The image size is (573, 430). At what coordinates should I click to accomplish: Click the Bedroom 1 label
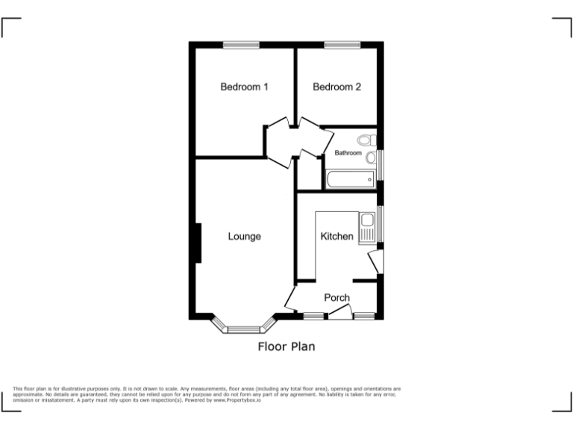coord(244,87)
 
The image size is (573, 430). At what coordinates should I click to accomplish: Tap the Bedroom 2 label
coord(336,87)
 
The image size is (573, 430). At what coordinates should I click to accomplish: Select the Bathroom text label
coord(348,153)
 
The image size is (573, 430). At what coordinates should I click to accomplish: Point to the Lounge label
coord(244,237)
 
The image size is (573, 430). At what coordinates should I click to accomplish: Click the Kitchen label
coord(336,237)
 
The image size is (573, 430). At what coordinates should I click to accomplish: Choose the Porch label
coord(336,298)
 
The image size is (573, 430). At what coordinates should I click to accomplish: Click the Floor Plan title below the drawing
coord(286,346)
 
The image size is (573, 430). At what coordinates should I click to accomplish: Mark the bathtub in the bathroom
coord(350,180)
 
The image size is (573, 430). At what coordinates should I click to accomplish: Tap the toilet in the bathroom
coord(365,140)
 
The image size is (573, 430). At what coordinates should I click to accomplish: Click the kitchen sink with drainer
coord(366,228)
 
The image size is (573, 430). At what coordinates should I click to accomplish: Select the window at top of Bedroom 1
coord(241,46)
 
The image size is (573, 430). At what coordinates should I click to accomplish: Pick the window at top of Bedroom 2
coord(342,46)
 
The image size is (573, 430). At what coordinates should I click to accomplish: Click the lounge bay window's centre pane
coord(244,329)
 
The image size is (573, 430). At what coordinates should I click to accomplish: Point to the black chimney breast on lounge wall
coord(198,243)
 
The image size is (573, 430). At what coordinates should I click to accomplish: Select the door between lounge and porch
coord(292,300)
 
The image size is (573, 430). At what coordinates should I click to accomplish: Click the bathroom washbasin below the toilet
coord(370,157)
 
